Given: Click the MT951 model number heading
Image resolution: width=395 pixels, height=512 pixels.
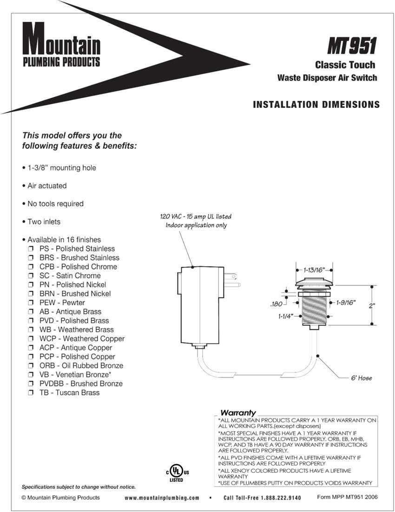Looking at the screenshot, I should pos(351,46).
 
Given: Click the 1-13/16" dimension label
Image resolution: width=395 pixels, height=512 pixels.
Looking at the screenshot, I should pos(314,269).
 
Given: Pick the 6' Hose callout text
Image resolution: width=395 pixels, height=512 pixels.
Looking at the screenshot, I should pos(361,378).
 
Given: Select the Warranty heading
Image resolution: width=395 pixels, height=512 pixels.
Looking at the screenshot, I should pos(238,412).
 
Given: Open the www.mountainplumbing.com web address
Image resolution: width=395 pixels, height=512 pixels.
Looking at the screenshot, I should pos(162,498).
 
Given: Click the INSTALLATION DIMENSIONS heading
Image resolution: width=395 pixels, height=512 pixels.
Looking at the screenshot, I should pos(316,105).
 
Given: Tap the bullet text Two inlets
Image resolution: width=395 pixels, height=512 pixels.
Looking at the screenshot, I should pos(44,222).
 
